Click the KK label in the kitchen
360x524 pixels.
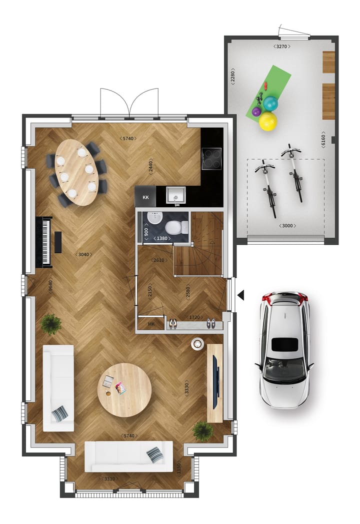tap(145, 197)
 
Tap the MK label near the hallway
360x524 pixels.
tap(151, 324)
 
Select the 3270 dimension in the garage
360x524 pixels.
tap(282, 47)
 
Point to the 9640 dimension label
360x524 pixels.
tap(51, 286)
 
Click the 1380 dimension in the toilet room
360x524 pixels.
tap(162, 238)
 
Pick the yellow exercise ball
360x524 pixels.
tap(268, 121)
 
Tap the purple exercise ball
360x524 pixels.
tap(256, 112)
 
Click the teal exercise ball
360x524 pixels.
tap(270, 103)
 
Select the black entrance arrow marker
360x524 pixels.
tap(241, 295)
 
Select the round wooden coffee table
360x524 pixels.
tap(124, 390)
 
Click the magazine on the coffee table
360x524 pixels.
tap(120, 388)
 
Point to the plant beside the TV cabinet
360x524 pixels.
tap(202, 431)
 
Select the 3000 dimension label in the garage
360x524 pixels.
tap(287, 226)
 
